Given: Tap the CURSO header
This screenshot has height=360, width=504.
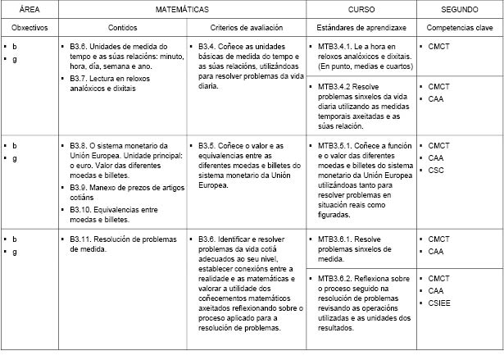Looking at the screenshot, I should pyautogui.click(x=361, y=10).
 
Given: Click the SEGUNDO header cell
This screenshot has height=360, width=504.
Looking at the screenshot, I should pyautogui.click(x=460, y=10).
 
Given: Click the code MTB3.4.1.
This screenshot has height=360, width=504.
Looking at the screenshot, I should pyautogui.click(x=335, y=48).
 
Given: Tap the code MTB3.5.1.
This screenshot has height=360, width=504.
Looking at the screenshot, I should pyautogui.click(x=335, y=145).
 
